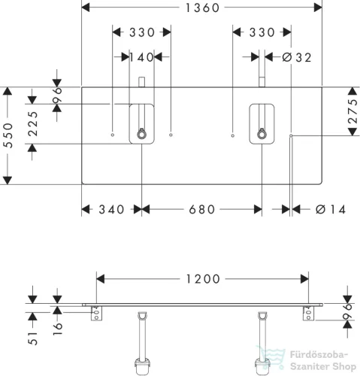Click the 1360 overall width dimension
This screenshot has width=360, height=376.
point(202,8)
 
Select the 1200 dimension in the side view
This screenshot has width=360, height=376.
point(203,279)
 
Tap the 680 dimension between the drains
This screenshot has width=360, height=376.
point(202,210)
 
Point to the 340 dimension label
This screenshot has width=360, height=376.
point(111,210)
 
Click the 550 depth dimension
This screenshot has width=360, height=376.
point(9,135)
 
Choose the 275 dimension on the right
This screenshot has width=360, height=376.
point(352,111)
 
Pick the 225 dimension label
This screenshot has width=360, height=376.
point(33,124)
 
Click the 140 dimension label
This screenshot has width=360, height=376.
point(141,57)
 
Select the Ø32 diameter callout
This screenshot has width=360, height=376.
point(297,58)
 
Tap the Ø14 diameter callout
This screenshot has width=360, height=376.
point(331,210)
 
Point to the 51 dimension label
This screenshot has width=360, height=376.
point(33,338)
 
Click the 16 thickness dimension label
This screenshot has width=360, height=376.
point(57,329)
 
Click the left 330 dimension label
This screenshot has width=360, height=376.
point(142,32)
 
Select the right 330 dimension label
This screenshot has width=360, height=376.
point(262,32)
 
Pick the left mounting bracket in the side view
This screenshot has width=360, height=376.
point(96,313)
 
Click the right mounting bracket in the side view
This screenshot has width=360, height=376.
point(308,313)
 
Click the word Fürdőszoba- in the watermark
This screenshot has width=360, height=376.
point(319,355)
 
